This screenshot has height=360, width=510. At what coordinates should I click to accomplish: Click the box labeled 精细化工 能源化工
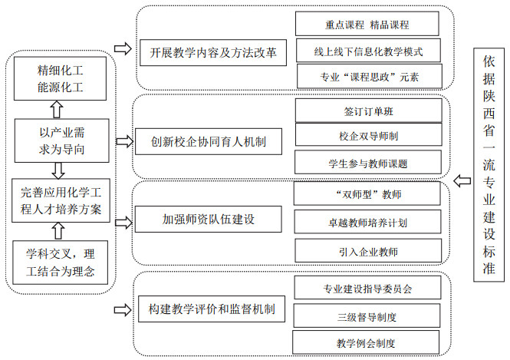click(x=60, y=78)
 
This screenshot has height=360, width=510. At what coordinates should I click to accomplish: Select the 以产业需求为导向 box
click(x=62, y=140)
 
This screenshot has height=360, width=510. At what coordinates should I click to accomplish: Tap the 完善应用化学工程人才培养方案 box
click(x=61, y=200)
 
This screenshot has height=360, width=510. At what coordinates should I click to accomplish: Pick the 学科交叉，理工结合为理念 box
click(x=60, y=263)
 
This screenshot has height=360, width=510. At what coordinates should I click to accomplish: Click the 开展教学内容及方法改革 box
click(x=213, y=53)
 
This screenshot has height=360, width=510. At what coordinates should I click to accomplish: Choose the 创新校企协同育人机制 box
click(x=209, y=141)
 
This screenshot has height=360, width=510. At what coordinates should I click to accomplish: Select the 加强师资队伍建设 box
click(x=208, y=219)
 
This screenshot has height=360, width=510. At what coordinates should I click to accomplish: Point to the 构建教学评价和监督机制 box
click(x=212, y=309)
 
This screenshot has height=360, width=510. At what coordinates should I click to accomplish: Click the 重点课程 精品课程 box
click(x=367, y=24)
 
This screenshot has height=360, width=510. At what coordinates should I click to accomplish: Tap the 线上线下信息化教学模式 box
click(x=369, y=51)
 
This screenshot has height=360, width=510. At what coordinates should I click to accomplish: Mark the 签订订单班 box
click(x=369, y=111)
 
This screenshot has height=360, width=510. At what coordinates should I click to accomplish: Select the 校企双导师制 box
click(x=369, y=134)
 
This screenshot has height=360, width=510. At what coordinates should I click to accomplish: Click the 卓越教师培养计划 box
click(x=367, y=222)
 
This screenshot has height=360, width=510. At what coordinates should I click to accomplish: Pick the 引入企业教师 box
click(x=368, y=250)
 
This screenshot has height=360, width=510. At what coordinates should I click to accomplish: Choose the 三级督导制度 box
click(x=367, y=315)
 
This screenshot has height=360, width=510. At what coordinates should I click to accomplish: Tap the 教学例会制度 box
click(x=366, y=342)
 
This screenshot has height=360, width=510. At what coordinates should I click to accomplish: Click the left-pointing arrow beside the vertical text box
click(x=462, y=180)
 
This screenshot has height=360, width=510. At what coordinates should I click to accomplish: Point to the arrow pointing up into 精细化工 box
click(x=58, y=109)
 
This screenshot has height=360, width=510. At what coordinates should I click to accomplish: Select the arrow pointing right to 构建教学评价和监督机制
click(x=123, y=310)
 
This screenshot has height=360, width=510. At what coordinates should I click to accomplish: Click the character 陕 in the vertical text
click(x=489, y=96)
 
